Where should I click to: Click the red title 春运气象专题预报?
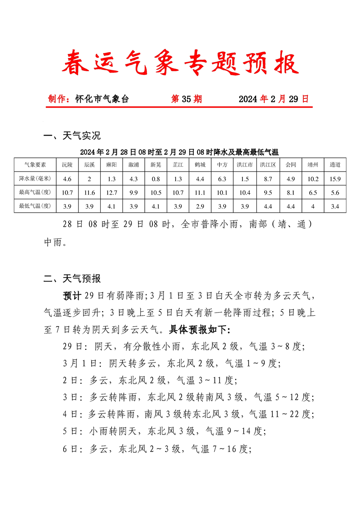pos(180,63)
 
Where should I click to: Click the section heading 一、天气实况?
pos(72,136)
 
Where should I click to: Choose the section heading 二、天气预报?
pos(72,279)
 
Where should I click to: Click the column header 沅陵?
pos(67,165)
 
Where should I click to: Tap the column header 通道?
pos(335,165)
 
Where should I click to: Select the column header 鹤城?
pos(200,165)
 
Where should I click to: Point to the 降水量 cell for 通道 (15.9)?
pos(335,179)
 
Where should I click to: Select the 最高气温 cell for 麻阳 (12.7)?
pos(112,192)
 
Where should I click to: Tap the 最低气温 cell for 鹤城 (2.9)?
pos(200,206)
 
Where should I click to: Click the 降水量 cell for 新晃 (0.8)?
pos(156,179)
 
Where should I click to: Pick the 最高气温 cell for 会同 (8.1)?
pos(291,192)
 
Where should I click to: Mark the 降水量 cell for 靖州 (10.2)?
pos(313,179)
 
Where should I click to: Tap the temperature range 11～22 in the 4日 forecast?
pos(284,414)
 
